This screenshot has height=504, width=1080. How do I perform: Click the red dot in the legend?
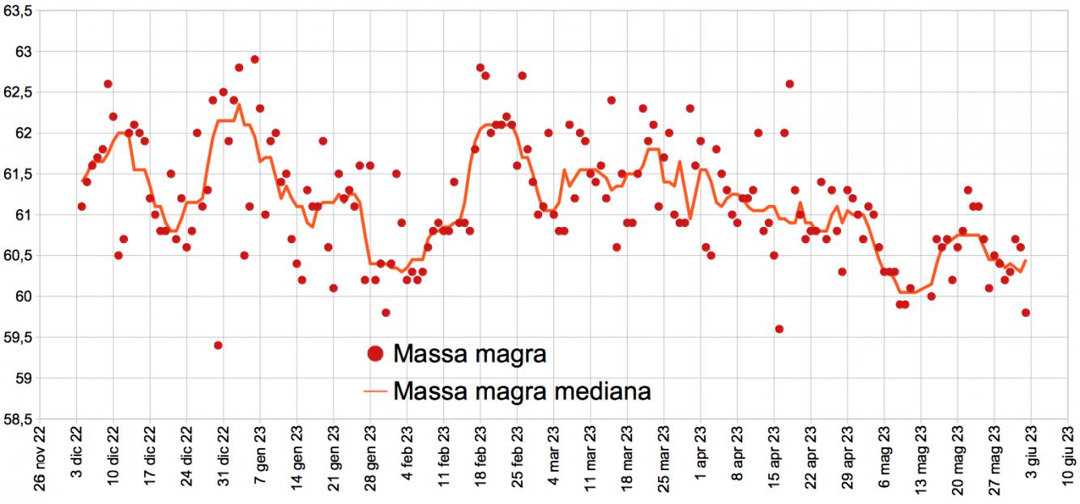375,353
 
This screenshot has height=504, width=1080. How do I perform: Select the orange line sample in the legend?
375,391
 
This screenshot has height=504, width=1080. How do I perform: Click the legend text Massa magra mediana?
522,391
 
